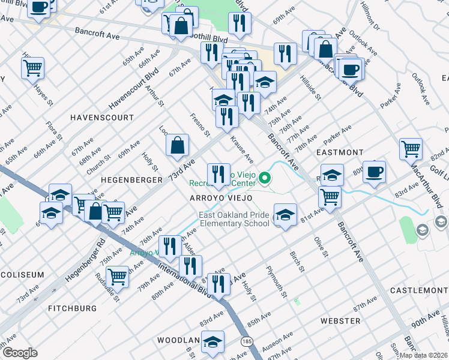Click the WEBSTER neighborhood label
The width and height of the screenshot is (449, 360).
[340, 321]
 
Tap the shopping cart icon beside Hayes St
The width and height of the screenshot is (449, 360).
[33, 68]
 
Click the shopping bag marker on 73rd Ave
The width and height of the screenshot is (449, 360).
[178, 145]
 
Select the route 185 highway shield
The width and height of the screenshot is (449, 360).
[248, 340]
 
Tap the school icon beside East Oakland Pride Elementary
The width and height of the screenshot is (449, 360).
[285, 215]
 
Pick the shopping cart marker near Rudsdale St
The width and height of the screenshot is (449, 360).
[116, 277]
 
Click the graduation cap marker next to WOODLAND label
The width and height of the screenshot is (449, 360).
[212, 342]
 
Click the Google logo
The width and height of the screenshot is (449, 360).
[20, 353]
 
